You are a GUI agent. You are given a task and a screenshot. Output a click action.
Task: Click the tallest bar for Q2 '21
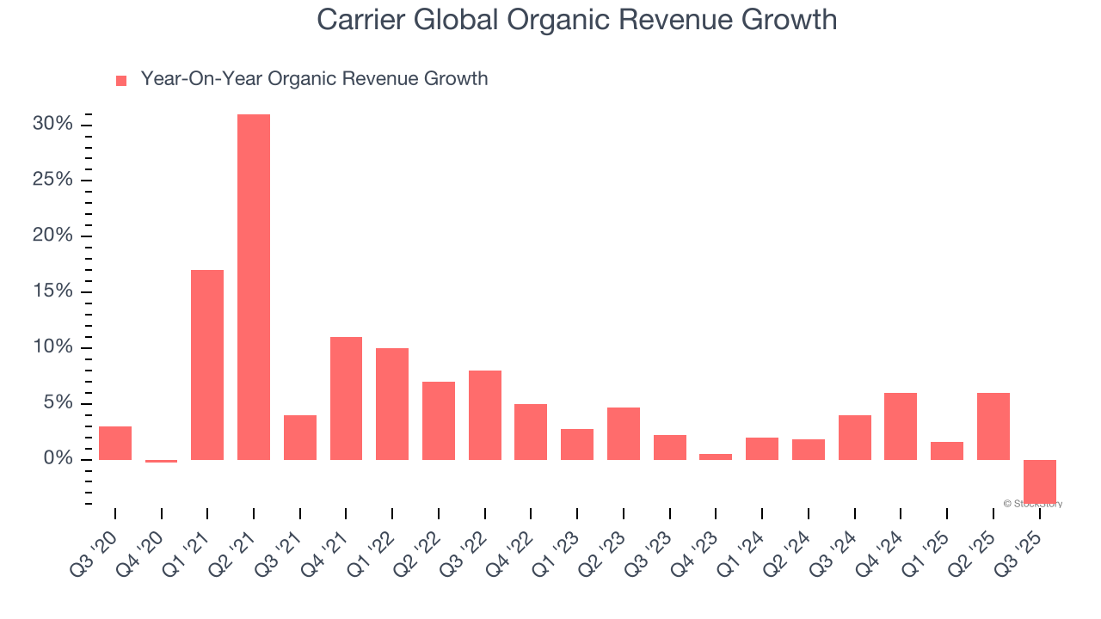pos(254,287)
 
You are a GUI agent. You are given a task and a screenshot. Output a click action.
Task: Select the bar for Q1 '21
pos(207,365)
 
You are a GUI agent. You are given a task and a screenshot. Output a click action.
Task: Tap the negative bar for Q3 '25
pos(1040,481)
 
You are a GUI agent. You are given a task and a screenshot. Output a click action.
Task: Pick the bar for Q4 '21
pos(346,398)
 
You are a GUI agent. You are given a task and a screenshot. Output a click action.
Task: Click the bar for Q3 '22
pos(485,415)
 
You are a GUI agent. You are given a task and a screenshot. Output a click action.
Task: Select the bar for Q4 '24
pos(901,426)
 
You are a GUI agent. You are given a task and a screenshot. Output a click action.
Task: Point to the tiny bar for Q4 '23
pos(716,457)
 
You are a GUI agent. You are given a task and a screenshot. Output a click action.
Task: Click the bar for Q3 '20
pos(115,443)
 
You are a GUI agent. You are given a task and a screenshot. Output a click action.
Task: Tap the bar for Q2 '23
pos(624,433)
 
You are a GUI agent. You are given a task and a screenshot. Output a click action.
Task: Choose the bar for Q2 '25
pos(993,426)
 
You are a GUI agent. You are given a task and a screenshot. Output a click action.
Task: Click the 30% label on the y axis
pos(52,124)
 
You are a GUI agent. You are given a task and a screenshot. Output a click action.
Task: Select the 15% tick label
pos(52,291)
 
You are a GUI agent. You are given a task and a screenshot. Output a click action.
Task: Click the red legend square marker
pos(121,80)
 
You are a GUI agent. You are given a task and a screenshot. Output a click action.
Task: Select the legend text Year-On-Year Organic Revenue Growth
pos(314,79)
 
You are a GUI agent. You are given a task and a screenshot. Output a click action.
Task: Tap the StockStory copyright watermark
pos(1033,504)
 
